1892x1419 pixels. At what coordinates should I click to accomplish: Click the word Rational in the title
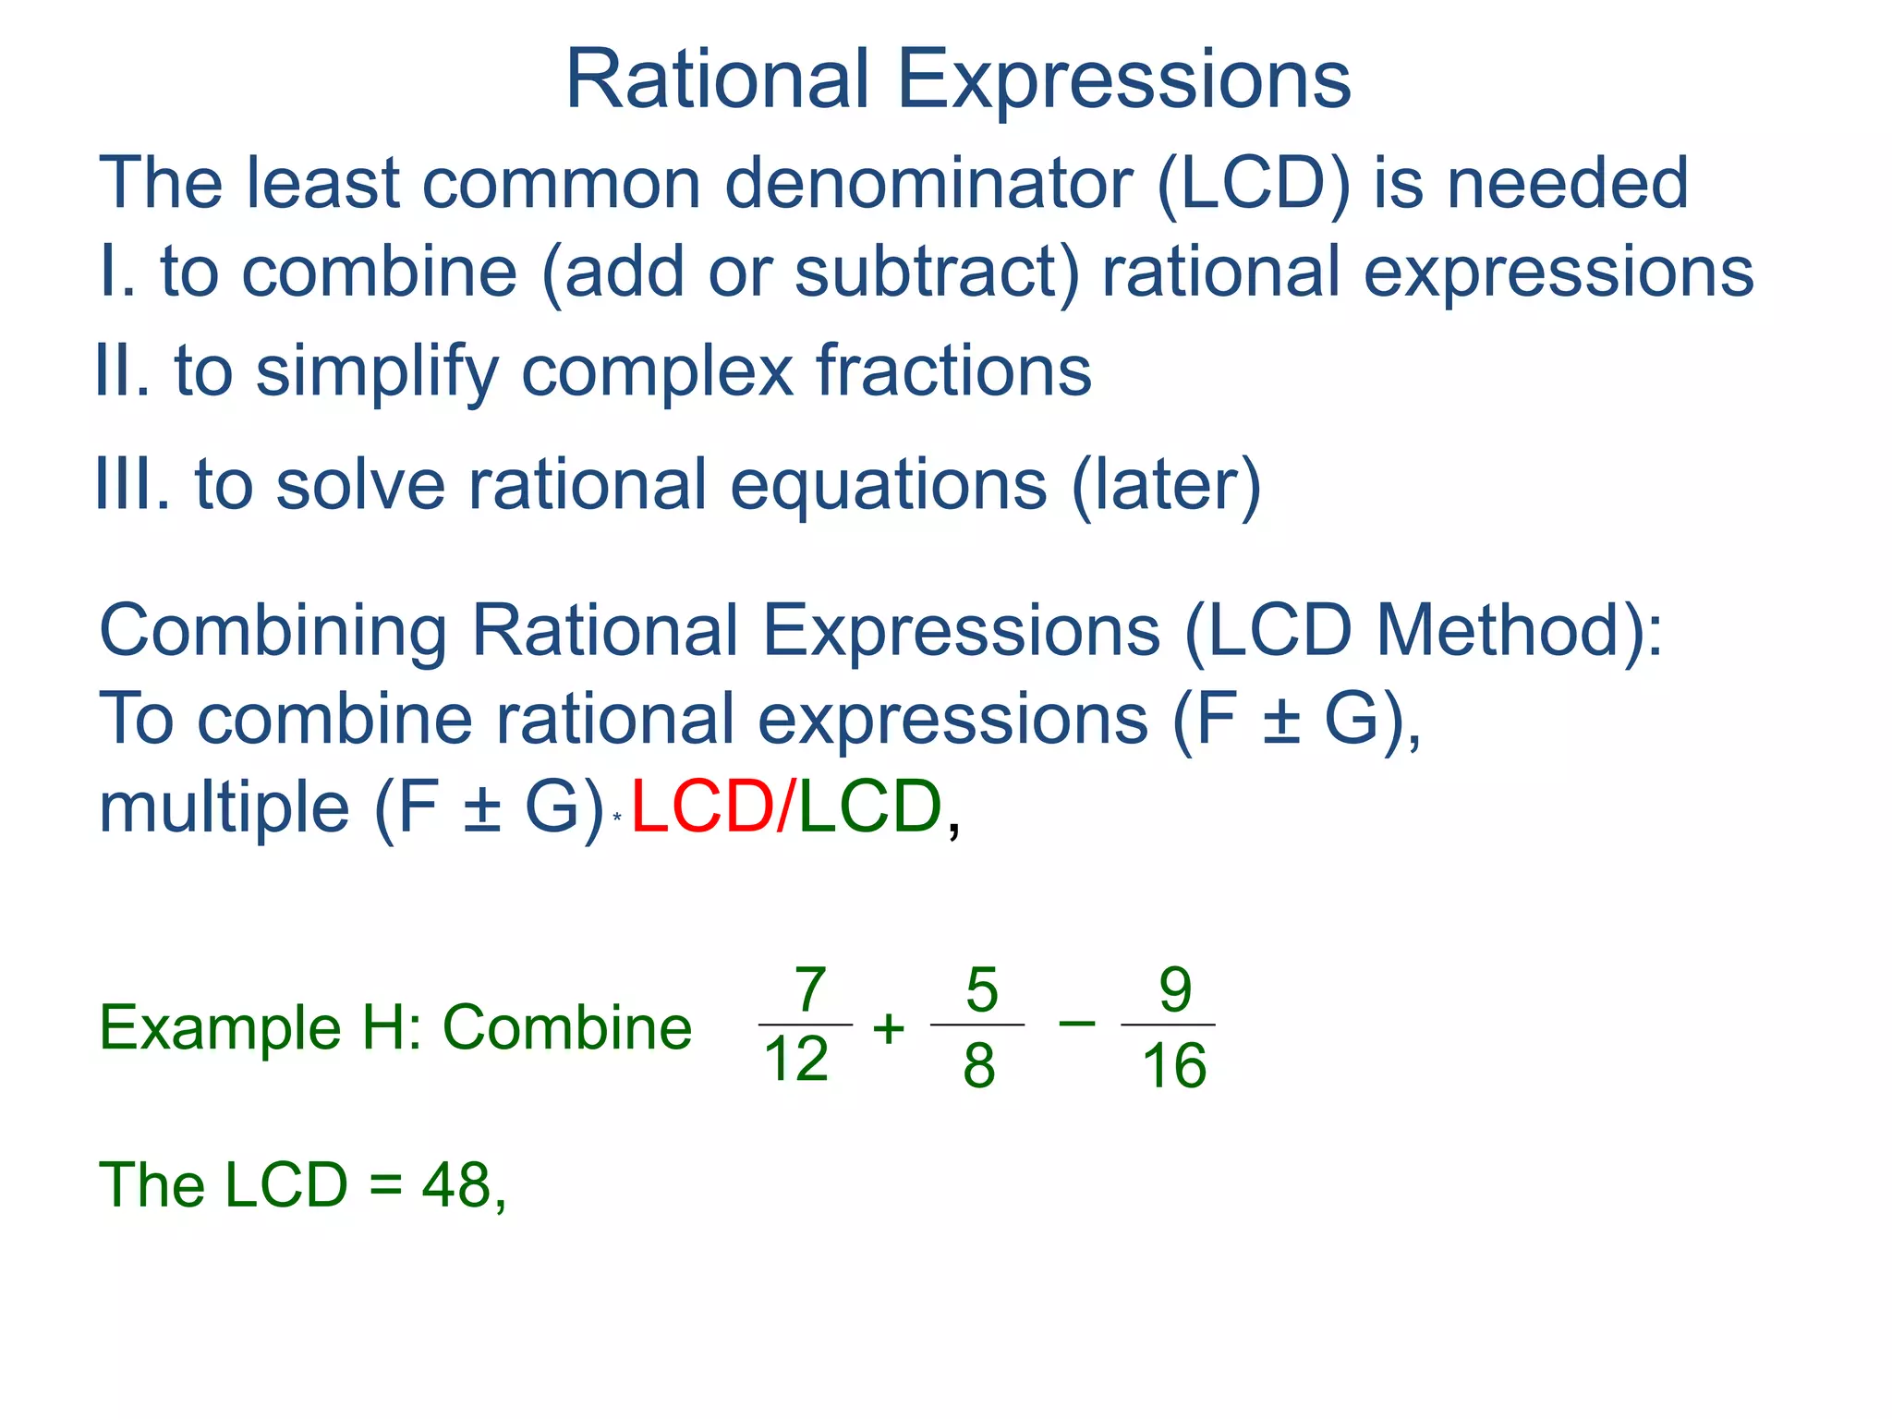click(717, 80)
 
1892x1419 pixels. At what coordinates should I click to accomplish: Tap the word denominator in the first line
click(928, 183)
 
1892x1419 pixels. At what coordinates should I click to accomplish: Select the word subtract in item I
click(936, 273)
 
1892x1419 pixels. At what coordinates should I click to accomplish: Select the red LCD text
click(703, 807)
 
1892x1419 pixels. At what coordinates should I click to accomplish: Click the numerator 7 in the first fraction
click(809, 989)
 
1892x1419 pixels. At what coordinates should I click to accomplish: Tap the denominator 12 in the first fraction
click(796, 1059)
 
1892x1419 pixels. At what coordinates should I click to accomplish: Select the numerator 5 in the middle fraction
click(981, 989)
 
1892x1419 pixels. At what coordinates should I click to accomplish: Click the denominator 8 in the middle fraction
click(979, 1064)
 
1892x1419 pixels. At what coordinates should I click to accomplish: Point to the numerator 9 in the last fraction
click(1174, 989)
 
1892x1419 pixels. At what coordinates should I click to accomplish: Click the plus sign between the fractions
click(889, 1028)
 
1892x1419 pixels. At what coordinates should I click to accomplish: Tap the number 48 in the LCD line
click(457, 1185)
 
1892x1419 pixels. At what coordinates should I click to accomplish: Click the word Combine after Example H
click(567, 1028)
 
